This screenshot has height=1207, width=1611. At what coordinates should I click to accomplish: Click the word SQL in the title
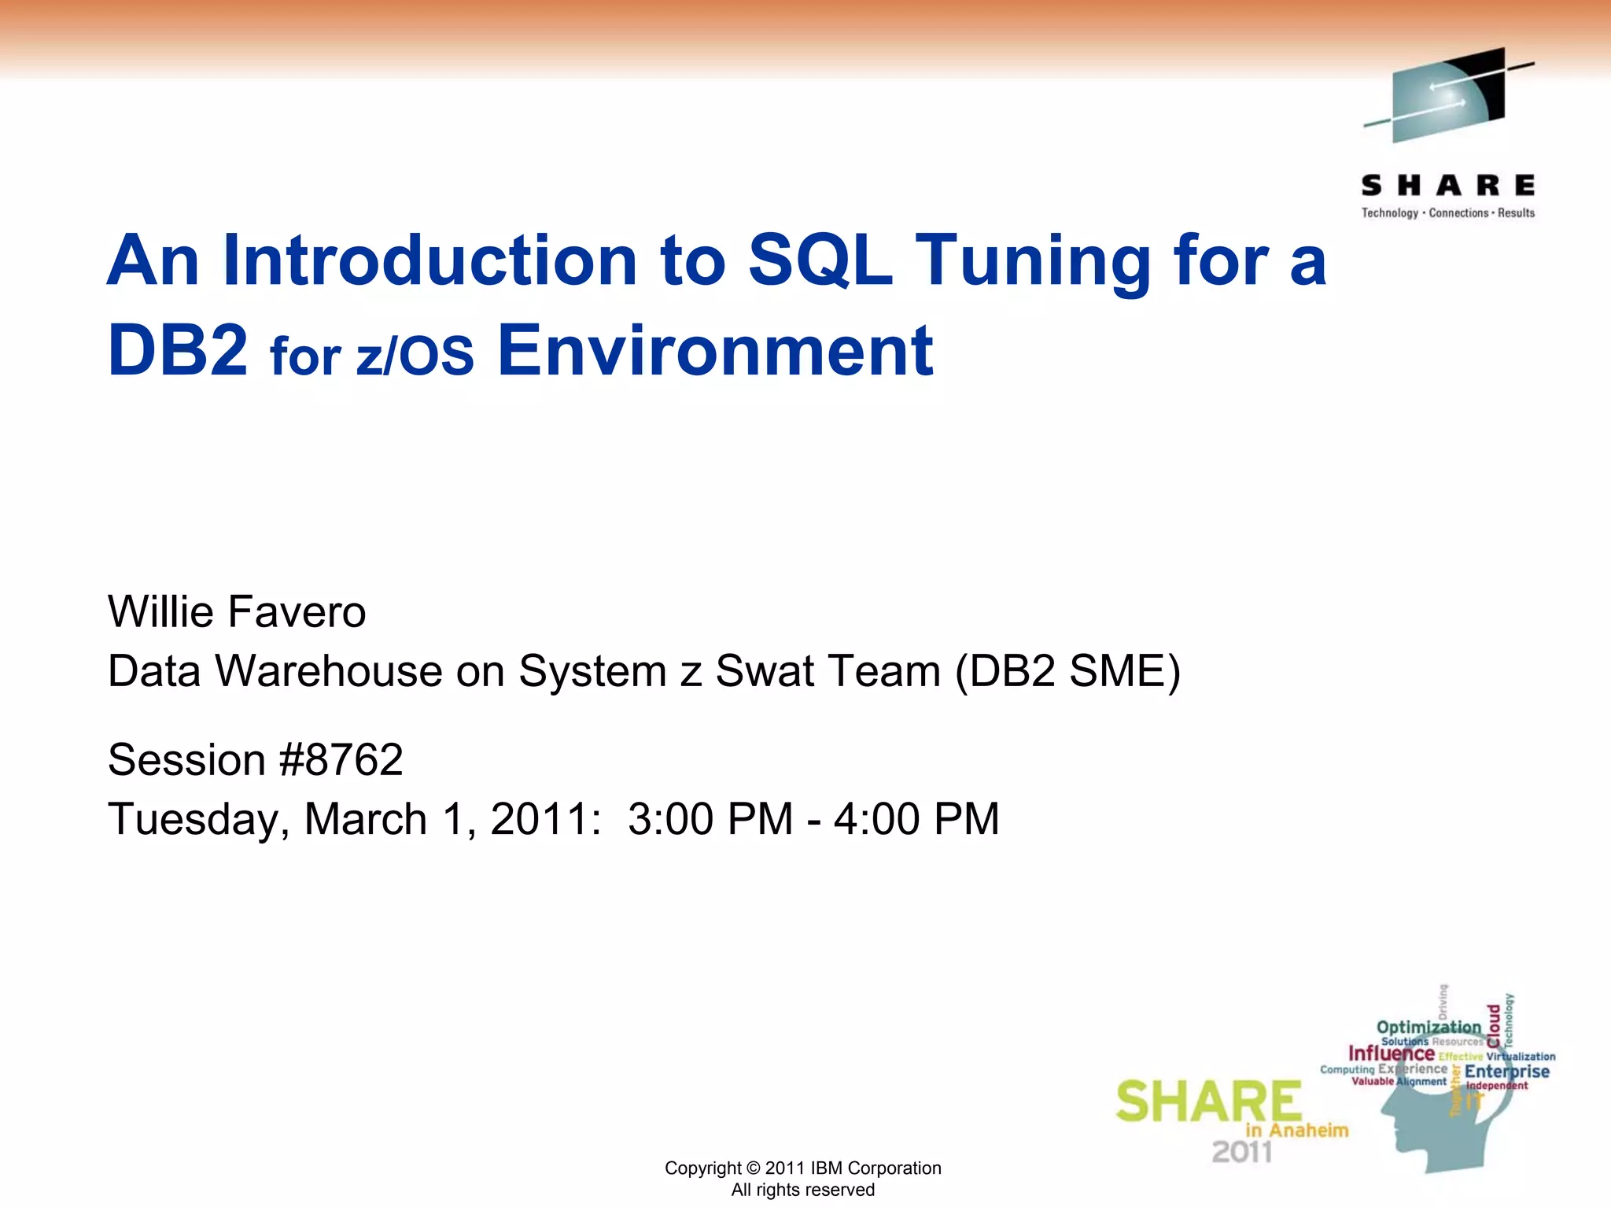(820, 260)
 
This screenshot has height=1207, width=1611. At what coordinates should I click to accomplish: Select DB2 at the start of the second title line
(178, 350)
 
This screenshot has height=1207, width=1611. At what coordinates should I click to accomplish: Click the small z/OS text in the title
(415, 356)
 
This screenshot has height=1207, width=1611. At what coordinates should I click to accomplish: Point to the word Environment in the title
(714, 350)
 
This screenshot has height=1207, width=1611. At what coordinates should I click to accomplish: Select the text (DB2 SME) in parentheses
(1067, 672)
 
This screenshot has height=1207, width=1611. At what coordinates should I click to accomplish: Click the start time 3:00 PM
(710, 819)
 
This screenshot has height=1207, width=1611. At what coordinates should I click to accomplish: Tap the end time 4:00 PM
(916, 819)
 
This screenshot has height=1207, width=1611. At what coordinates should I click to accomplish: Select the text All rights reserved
(802, 1190)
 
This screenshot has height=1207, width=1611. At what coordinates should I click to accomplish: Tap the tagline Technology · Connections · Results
(1447, 213)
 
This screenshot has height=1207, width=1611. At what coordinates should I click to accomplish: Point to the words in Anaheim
(1296, 1131)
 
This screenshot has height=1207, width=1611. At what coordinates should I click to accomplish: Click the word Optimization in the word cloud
(1429, 1027)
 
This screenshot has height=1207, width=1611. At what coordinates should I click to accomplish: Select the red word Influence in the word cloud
(1391, 1054)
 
